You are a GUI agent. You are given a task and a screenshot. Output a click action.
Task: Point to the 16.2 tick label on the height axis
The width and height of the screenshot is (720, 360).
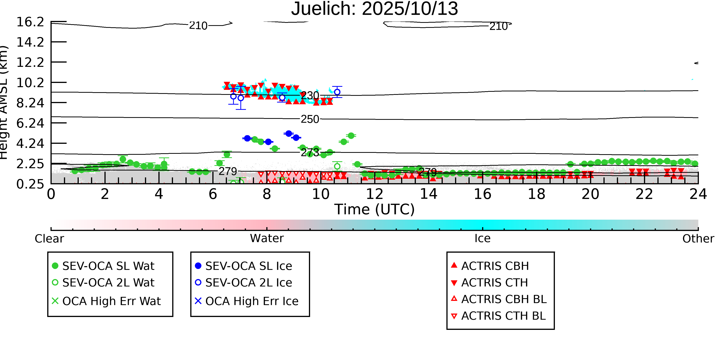30,22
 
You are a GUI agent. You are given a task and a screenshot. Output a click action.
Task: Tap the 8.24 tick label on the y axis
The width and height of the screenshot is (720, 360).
30,103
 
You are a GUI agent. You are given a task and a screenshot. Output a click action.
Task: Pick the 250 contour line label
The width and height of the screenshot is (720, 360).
310,119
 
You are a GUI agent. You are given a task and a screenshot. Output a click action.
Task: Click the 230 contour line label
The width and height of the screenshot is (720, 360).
310,96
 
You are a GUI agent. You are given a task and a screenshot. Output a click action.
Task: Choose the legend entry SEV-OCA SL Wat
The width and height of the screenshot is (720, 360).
108,266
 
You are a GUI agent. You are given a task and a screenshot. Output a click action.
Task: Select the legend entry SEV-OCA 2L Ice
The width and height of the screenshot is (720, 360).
248,283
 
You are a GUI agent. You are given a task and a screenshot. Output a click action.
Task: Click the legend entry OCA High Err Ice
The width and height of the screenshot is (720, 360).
252,301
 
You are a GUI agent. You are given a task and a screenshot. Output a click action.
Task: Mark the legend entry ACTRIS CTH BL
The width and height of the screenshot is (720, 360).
503,316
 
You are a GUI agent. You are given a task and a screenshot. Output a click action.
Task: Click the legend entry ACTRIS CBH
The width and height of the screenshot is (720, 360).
495,266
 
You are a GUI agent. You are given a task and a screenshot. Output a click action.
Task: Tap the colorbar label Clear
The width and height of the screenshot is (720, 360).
49,238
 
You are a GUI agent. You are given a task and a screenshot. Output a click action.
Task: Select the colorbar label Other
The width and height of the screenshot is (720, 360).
698,238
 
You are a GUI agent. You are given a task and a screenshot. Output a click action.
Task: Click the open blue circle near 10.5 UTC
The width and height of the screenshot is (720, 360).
337,92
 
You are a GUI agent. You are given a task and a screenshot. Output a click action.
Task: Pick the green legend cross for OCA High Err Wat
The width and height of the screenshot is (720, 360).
55,301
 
